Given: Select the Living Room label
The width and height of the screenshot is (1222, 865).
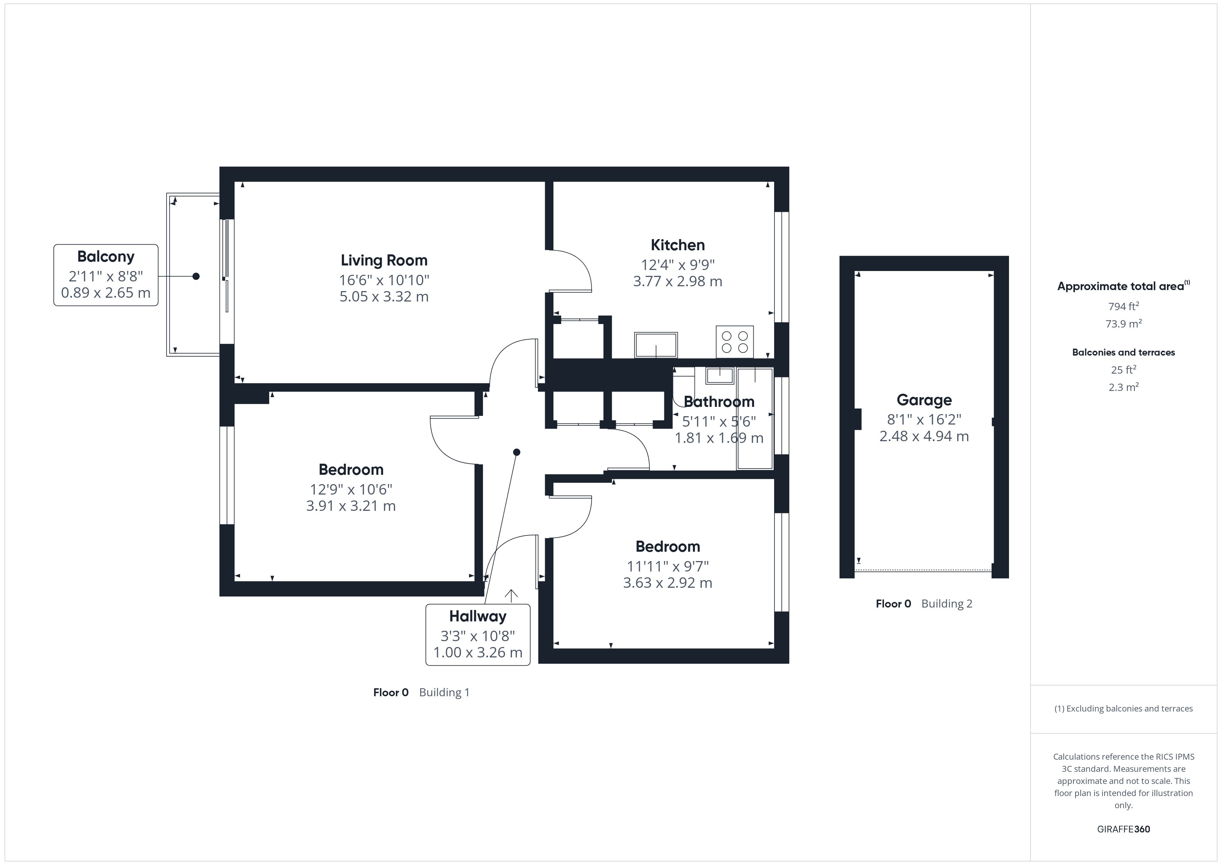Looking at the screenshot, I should [x=384, y=261].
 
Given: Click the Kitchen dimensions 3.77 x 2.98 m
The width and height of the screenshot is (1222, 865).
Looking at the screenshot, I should [x=677, y=281].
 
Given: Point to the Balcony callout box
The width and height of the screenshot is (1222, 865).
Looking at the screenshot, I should [x=106, y=275].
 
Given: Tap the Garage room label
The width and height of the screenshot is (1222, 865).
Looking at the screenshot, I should [x=924, y=400].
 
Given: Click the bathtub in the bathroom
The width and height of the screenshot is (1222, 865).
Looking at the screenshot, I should [x=755, y=419].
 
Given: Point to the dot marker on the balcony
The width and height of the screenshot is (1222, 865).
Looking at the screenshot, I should [x=196, y=276].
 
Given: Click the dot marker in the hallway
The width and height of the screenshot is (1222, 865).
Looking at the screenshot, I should [x=516, y=452].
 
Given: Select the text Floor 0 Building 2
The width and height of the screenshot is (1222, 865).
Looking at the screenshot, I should [x=924, y=603].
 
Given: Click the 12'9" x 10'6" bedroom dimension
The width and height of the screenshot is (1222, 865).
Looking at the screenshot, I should [x=351, y=489].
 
